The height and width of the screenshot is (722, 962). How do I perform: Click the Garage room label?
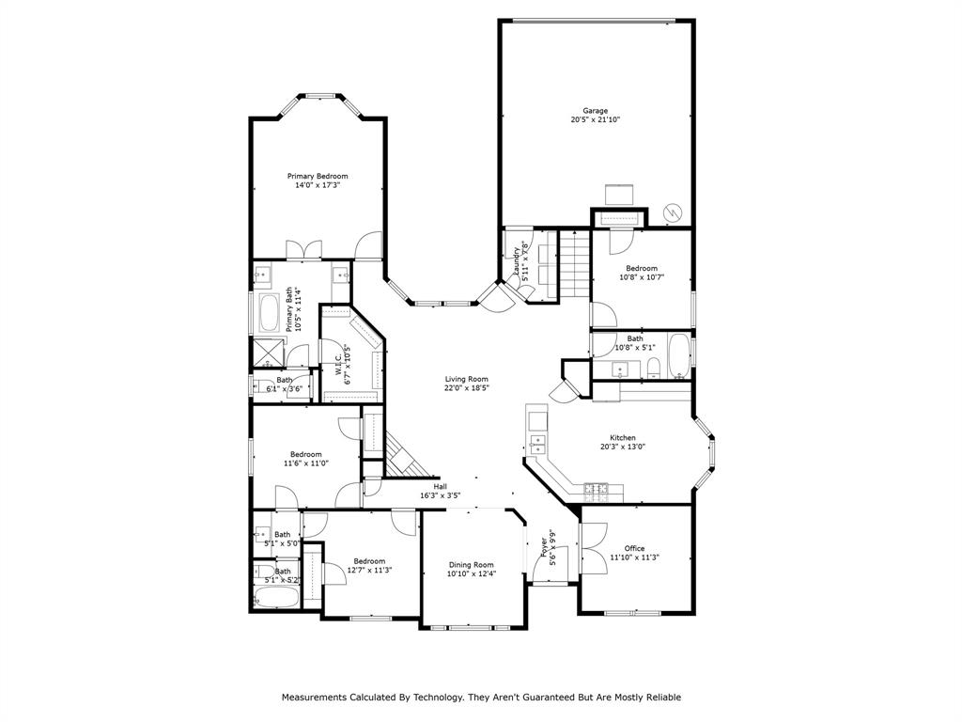point(595,111)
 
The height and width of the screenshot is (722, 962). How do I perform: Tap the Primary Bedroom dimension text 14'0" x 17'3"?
point(318,185)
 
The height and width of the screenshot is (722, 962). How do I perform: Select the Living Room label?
point(466,380)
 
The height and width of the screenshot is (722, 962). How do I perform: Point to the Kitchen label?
point(623,438)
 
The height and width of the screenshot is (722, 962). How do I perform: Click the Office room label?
point(634,548)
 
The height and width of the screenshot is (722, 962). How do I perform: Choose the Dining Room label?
point(472,565)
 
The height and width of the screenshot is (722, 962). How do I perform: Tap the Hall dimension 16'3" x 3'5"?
point(440,495)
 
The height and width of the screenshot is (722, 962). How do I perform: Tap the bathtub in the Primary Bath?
point(269,313)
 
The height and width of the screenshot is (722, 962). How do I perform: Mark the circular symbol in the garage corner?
point(674,212)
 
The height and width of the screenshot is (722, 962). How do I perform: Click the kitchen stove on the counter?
point(596,489)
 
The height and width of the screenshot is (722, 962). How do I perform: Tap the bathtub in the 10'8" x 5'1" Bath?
point(678,355)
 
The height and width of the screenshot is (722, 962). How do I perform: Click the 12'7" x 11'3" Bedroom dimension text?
point(369,570)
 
